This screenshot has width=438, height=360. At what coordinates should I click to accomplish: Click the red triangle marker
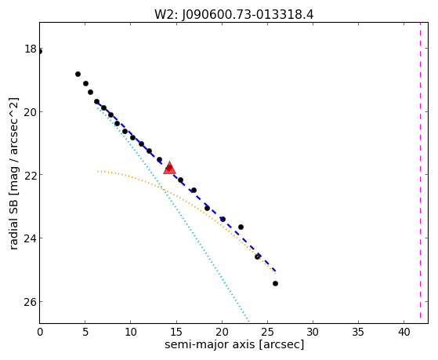point(169,168)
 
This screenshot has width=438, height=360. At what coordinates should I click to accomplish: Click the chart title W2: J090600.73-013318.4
point(234,15)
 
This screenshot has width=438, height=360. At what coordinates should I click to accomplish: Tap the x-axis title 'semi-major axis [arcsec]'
point(234,344)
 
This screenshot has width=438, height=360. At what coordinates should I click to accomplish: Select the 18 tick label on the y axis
point(31,49)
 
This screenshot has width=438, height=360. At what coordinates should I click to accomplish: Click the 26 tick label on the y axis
point(31,302)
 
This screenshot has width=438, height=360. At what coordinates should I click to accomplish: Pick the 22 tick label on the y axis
point(31,175)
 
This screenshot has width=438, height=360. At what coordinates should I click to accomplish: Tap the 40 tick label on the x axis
point(404,333)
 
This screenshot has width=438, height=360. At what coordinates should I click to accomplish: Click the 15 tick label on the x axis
point(176,333)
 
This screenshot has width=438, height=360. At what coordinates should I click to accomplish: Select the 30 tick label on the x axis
point(313,333)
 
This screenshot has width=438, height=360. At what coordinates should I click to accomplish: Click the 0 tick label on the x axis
point(40,333)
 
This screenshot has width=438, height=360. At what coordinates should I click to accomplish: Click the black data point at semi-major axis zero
point(40,52)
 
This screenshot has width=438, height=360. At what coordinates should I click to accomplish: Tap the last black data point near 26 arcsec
point(275,284)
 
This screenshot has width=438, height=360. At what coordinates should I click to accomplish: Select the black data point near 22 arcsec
point(241,227)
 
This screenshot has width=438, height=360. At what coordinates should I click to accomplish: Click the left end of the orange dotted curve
point(97,171)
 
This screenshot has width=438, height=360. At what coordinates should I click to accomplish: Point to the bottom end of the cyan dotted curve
point(248,321)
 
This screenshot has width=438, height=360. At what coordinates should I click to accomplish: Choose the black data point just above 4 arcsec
point(78,75)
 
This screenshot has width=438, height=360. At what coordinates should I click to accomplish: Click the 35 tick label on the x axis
point(358,333)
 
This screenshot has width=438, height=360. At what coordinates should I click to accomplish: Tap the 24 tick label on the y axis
point(31,238)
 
